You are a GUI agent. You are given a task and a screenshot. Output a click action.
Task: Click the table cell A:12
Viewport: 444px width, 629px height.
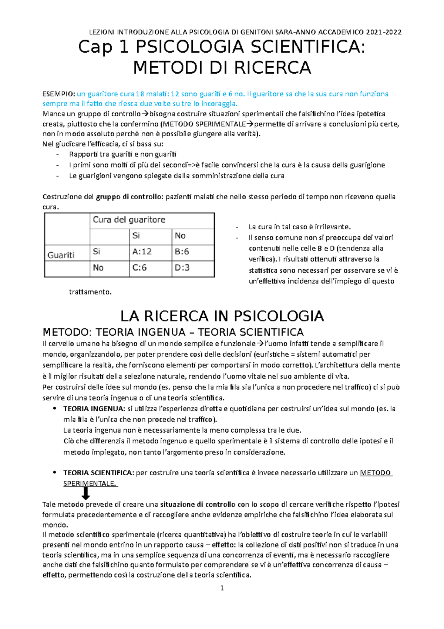point(142,252)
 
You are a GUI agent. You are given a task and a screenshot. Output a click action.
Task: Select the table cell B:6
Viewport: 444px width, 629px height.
point(182,252)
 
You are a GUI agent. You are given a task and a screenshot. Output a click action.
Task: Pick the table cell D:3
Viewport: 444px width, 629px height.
point(182,268)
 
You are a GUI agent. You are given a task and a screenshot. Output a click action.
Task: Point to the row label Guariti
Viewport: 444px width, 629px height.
point(61,255)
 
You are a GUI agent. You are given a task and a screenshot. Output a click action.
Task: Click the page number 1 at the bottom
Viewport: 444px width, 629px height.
point(222,588)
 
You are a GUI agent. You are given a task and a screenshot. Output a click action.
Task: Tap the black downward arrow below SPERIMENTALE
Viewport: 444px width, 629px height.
point(85,493)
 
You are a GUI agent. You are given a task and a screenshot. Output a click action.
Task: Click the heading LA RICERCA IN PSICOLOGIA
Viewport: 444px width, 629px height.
point(222,316)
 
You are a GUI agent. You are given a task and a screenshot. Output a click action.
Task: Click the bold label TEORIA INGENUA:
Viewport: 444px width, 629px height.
point(94,409)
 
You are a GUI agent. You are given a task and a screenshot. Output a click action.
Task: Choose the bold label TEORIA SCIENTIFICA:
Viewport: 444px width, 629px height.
point(98,473)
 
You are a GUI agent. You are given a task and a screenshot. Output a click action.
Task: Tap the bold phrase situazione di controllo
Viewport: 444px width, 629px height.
point(198,505)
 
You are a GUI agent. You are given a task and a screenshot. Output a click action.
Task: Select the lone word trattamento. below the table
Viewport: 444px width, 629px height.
point(90,292)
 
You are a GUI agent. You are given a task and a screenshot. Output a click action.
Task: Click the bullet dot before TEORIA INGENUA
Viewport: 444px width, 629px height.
point(54,409)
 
